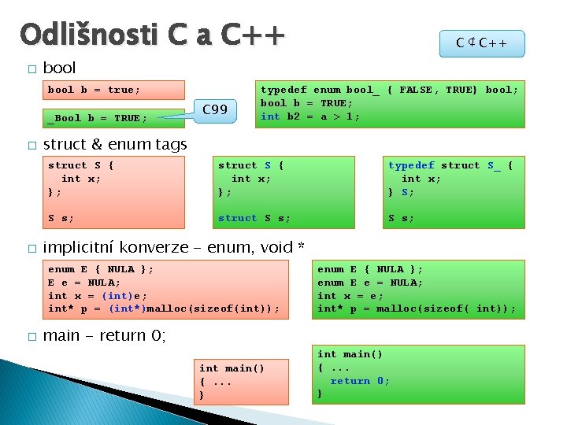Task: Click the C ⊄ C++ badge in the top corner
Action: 481,43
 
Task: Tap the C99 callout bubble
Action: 215,109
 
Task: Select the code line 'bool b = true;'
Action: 94,90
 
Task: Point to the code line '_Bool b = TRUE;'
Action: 98,118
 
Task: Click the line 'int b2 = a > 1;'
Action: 310,116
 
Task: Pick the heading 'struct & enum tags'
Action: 115,144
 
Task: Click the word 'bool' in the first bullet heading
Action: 59,68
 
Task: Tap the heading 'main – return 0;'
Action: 104,335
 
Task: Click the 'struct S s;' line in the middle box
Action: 254,218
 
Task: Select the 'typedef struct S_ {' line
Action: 450,165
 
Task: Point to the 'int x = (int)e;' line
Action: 98,295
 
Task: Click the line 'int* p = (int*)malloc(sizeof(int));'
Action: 164,308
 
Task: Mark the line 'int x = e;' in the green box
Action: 351,296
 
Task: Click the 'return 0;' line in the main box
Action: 359,381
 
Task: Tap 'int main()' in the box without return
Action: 232,368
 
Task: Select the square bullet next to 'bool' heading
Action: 31,69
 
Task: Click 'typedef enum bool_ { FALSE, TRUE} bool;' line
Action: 390,90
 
